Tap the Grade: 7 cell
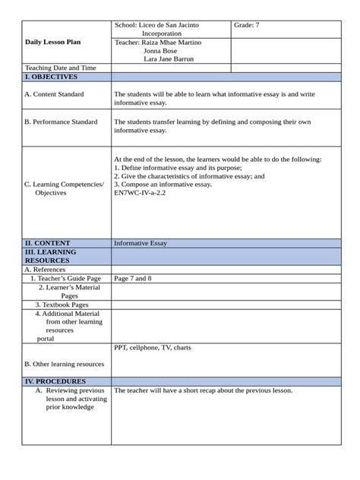coord(247,25)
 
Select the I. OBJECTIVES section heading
coord(51,77)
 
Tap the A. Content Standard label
coord(54,94)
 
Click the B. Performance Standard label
coord(60,121)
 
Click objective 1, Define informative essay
coord(178,167)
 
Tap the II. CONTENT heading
coord(47,243)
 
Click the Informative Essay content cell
coord(141,243)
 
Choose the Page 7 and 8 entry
coord(133,278)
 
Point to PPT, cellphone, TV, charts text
coord(153,347)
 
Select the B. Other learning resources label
coord(64,364)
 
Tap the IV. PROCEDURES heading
coord(55,381)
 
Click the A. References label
coord(45,269)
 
